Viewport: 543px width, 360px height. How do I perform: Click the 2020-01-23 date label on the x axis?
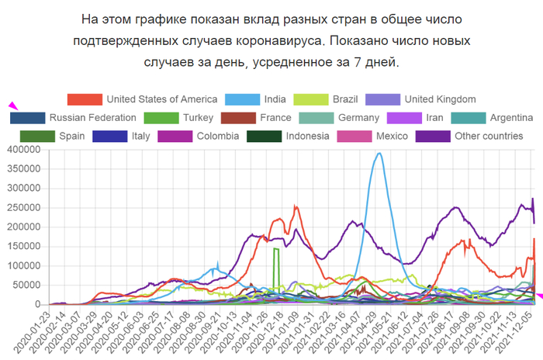(x=31, y=331)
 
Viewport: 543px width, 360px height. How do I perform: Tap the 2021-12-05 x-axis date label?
(x=517, y=331)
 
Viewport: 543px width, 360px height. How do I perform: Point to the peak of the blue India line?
(x=379, y=154)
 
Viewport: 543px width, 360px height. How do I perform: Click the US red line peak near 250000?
(x=296, y=207)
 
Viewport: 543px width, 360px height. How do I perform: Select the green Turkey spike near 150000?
(x=276, y=249)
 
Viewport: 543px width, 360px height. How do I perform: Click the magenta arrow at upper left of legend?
(x=12, y=106)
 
